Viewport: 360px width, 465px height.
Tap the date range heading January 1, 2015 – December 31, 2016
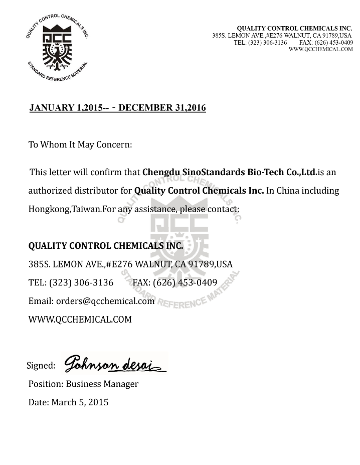pos(117,108)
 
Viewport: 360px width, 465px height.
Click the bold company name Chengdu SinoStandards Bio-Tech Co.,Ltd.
pos(230,172)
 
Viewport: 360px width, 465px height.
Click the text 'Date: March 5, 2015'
pos(68,402)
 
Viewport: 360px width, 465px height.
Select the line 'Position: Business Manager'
pos(83,384)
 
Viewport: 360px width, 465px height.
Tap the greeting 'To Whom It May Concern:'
pos(80,144)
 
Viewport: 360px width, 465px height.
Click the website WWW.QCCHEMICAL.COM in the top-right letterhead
pos(321,49)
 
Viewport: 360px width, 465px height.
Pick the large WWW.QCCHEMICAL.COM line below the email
pos(80,319)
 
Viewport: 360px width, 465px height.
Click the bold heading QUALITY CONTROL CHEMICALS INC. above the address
pos(106,246)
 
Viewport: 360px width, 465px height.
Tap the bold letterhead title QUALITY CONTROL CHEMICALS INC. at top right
pos(294,29)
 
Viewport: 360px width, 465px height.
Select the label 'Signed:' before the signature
pos(41,366)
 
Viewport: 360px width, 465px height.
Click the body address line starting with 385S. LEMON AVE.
pos(130,264)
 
